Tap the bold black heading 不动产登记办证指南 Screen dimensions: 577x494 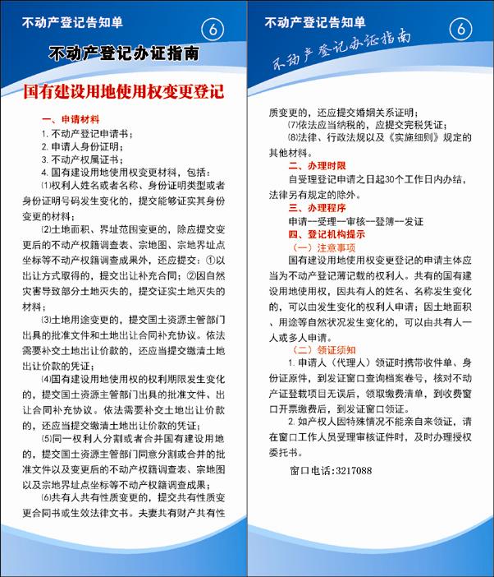tap(123, 54)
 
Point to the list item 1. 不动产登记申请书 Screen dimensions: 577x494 tap(89, 133)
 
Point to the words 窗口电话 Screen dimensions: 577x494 tap(309, 471)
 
